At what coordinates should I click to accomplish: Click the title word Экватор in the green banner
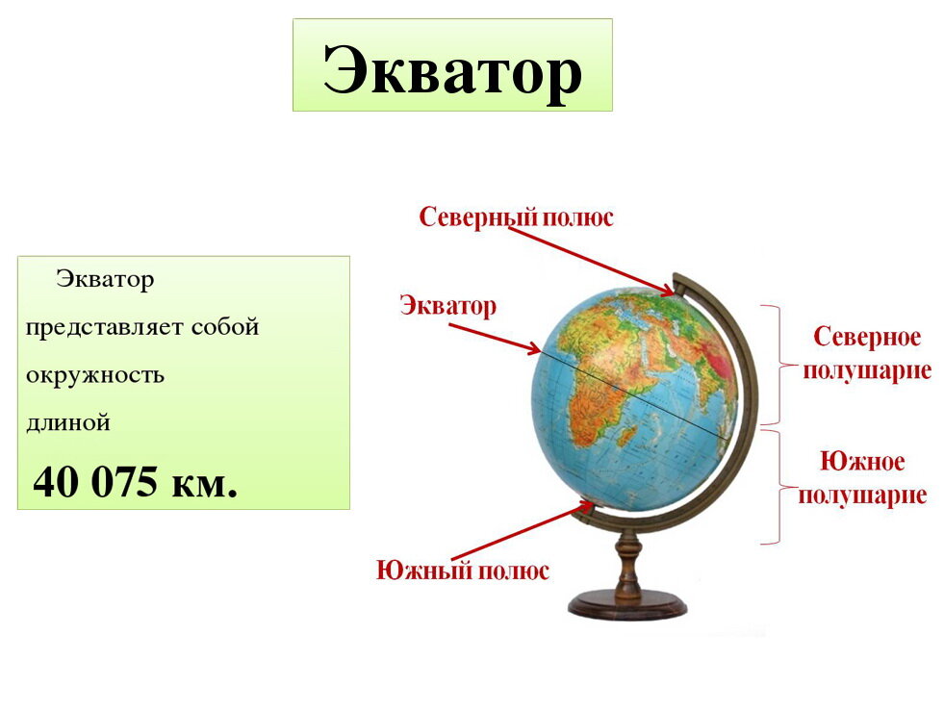pyautogui.click(x=452, y=69)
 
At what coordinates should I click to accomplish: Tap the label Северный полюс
pyautogui.click(x=516, y=217)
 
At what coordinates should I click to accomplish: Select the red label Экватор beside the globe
pyautogui.click(x=448, y=307)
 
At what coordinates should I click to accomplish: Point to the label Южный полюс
pyautogui.click(x=463, y=571)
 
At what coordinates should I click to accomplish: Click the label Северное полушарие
pyautogui.click(x=867, y=353)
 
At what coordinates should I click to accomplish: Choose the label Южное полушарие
pyautogui.click(x=862, y=478)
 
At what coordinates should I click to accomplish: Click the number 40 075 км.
pyautogui.click(x=136, y=482)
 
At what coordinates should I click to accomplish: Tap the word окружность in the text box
pyautogui.click(x=95, y=375)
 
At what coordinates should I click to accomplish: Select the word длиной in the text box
pyautogui.click(x=68, y=421)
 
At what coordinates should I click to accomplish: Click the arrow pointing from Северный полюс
pyautogui.click(x=591, y=257)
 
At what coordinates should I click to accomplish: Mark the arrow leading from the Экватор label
pyautogui.click(x=495, y=338)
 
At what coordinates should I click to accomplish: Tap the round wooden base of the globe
pyautogui.click(x=627, y=606)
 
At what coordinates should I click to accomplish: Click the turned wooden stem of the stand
pyautogui.click(x=628, y=567)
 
